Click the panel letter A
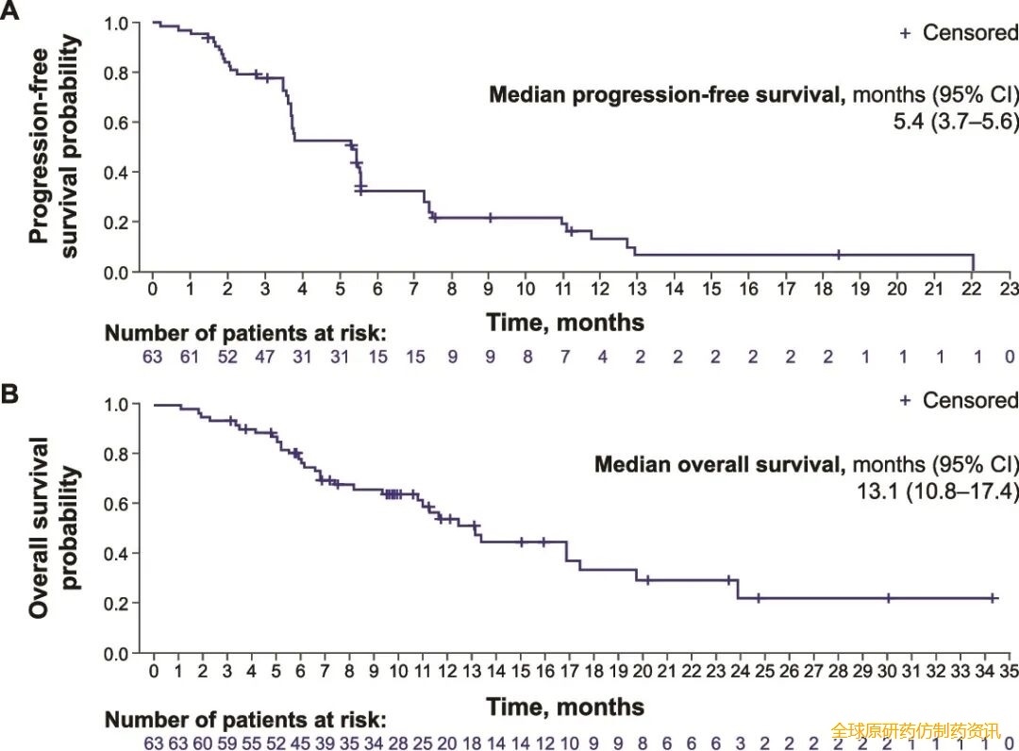tap(9, 10)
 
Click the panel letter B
tap(9, 394)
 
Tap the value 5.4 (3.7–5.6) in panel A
tap(955, 121)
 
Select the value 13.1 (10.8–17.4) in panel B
tap(937, 491)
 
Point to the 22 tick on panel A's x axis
tap(972, 289)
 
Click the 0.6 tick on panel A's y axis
tap(116, 123)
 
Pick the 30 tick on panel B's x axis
tap(887, 671)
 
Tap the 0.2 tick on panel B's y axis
tap(116, 604)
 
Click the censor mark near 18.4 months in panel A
tap(839, 255)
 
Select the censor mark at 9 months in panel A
tap(491, 218)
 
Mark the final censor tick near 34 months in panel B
tap(993, 598)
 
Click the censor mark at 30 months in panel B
tap(888, 598)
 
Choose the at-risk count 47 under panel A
tap(264, 357)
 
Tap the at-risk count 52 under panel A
tap(227, 357)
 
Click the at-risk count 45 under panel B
tap(300, 743)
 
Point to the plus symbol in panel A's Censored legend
tap(905, 33)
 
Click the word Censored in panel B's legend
tap(970, 400)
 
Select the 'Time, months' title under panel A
tap(565, 323)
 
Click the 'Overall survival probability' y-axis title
tap(55, 526)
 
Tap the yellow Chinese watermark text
tap(915, 731)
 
